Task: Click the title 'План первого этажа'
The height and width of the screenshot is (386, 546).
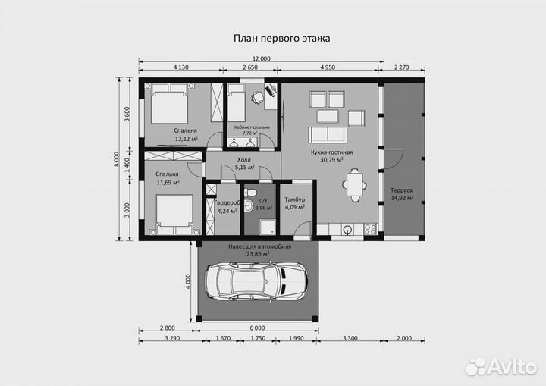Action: point(281,38)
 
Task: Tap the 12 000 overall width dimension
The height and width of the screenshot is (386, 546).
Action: point(261,58)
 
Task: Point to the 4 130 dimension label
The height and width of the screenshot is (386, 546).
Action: point(180,67)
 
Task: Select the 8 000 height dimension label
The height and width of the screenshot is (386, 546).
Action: point(116,159)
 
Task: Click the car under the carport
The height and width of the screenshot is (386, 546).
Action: point(256,281)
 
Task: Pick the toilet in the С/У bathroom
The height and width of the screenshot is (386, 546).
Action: point(250,192)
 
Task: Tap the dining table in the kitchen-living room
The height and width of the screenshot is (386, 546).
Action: point(355,185)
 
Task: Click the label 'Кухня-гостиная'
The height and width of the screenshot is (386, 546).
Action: point(332,152)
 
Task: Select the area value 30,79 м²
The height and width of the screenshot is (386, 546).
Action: point(332,160)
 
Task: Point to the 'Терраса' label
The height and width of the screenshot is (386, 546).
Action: point(401,190)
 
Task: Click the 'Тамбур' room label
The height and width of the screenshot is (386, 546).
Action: point(295,199)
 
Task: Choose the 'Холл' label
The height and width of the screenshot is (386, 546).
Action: point(243,160)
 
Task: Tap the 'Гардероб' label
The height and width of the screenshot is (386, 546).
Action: point(227,202)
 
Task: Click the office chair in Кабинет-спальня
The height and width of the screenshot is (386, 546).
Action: point(258,97)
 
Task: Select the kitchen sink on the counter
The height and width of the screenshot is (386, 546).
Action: point(347,229)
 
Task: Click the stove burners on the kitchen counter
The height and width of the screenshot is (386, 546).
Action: point(370,229)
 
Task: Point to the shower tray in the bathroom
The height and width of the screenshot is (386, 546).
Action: point(268,228)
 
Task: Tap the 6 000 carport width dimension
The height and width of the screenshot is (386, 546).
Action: point(257,328)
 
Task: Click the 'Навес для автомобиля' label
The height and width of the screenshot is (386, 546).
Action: point(260,246)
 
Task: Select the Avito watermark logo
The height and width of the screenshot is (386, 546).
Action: point(501,367)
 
